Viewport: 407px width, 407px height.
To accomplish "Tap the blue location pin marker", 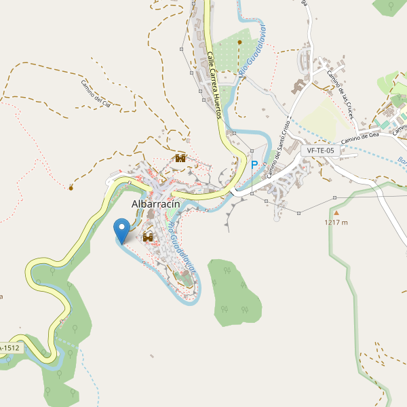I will [122, 230].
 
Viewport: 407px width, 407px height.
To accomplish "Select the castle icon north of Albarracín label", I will [180, 158].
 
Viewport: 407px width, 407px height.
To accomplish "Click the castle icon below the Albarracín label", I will [148, 237].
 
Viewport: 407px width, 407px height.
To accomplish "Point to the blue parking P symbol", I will [254, 165].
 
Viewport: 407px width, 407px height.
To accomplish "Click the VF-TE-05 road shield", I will [320, 151].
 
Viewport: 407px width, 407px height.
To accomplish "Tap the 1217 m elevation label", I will [336, 222].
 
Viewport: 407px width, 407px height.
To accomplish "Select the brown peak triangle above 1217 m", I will [336, 213].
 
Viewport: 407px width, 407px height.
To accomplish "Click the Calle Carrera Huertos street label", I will [214, 85].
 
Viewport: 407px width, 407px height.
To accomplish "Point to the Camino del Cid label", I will [100, 94].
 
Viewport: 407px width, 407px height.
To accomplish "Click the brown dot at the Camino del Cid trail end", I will [71, 187].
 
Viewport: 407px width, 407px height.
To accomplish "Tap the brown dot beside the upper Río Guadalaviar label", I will [239, 41].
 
